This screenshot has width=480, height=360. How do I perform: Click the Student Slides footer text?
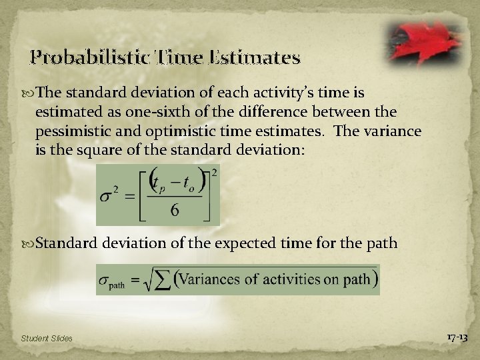(47, 339)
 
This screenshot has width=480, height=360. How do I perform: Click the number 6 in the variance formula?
(174, 210)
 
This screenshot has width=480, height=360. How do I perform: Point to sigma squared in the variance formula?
(109, 197)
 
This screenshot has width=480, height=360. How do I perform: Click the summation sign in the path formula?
(162, 280)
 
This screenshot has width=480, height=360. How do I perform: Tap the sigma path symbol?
(113, 281)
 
